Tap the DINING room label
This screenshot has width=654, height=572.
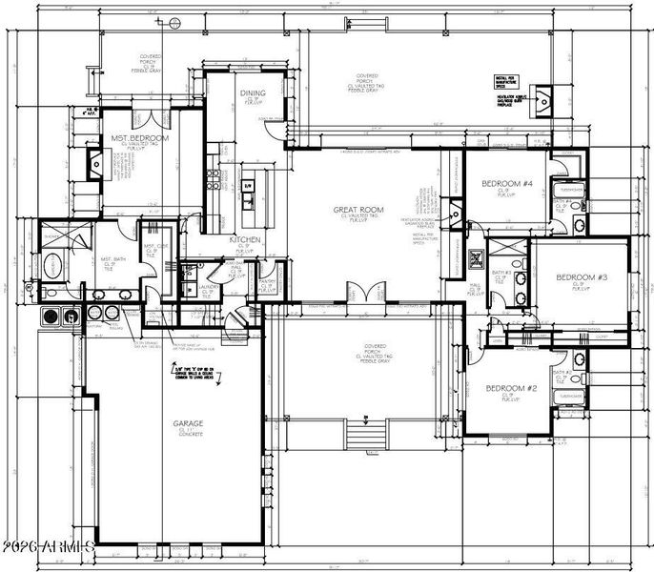[253, 93]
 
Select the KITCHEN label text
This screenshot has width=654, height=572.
[245, 240]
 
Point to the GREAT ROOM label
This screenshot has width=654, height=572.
[357, 210]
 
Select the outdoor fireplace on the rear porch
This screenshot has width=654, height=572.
[544, 98]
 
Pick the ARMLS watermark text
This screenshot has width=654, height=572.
[48, 548]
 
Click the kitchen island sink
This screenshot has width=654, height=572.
[248, 200]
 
